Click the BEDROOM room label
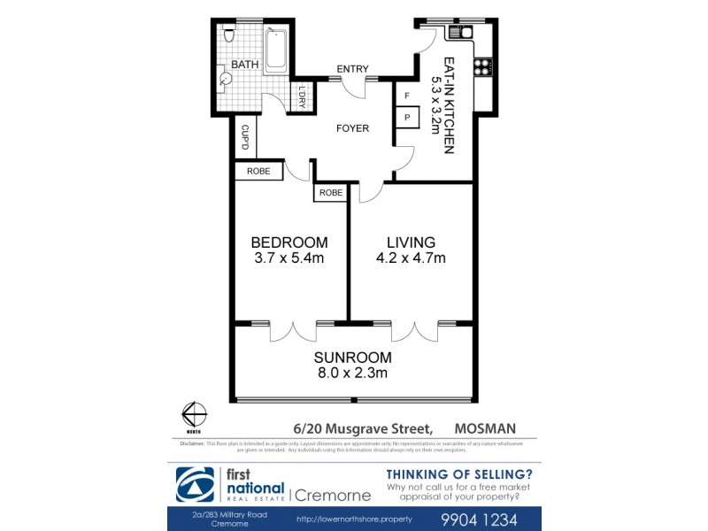click(289, 242)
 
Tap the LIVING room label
click(411, 242)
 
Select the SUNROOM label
click(352, 358)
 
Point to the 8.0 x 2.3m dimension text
click(352, 373)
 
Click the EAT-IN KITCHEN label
click(449, 105)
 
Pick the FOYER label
click(352, 128)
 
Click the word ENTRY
click(352, 70)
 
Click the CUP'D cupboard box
click(245, 138)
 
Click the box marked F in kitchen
click(407, 95)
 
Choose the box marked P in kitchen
click(407, 117)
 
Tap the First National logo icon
click(196, 484)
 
